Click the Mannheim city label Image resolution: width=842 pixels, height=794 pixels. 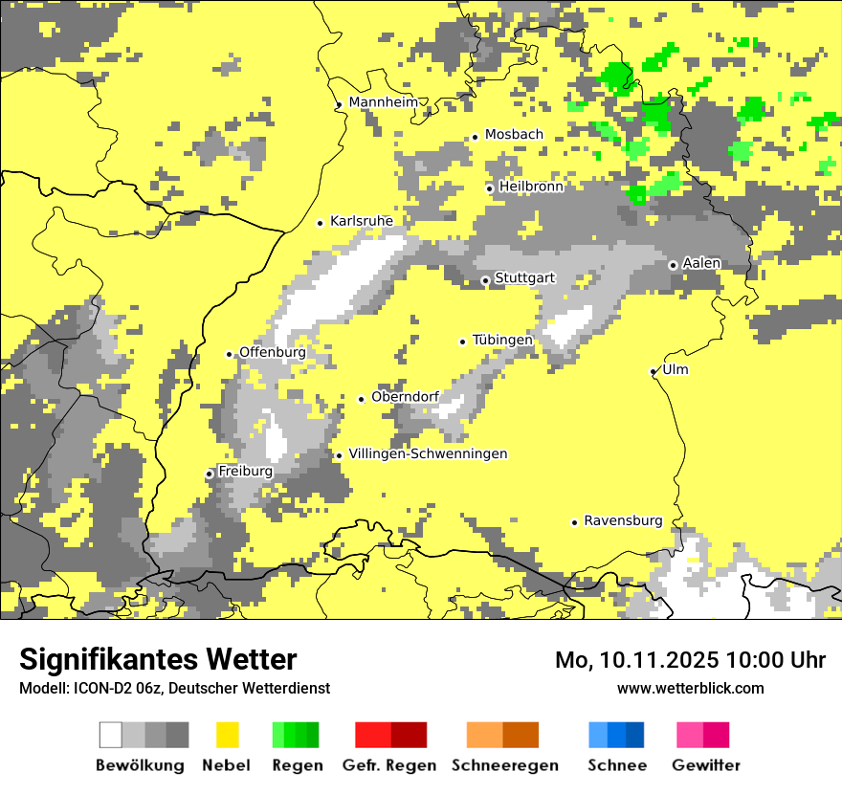tap(384, 102)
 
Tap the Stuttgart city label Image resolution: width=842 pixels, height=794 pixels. tap(524, 278)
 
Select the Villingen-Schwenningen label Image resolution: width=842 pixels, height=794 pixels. tap(428, 453)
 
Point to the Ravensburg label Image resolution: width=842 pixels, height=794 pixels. tap(623, 520)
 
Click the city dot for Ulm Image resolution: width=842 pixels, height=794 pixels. tap(654, 371)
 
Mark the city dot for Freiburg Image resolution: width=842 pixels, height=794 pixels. tap(210, 474)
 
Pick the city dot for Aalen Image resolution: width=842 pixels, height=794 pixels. tap(674, 265)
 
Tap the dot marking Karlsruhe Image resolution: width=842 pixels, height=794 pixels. tap(321, 223)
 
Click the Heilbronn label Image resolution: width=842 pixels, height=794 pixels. tap(531, 187)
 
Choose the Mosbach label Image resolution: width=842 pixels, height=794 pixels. tap(514, 135)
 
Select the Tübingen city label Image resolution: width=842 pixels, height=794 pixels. tap(502, 340)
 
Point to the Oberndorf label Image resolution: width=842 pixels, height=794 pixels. tap(405, 396)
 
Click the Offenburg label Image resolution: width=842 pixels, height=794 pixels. tap(273, 352)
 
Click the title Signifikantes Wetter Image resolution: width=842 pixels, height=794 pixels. tap(158, 660)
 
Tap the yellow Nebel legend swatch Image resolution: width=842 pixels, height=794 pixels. tap(227, 735)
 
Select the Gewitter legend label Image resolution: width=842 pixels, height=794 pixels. tap(706, 765)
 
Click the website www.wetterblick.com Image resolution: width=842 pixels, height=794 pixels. tap(691, 688)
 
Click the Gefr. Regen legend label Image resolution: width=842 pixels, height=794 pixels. tap(389, 765)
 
